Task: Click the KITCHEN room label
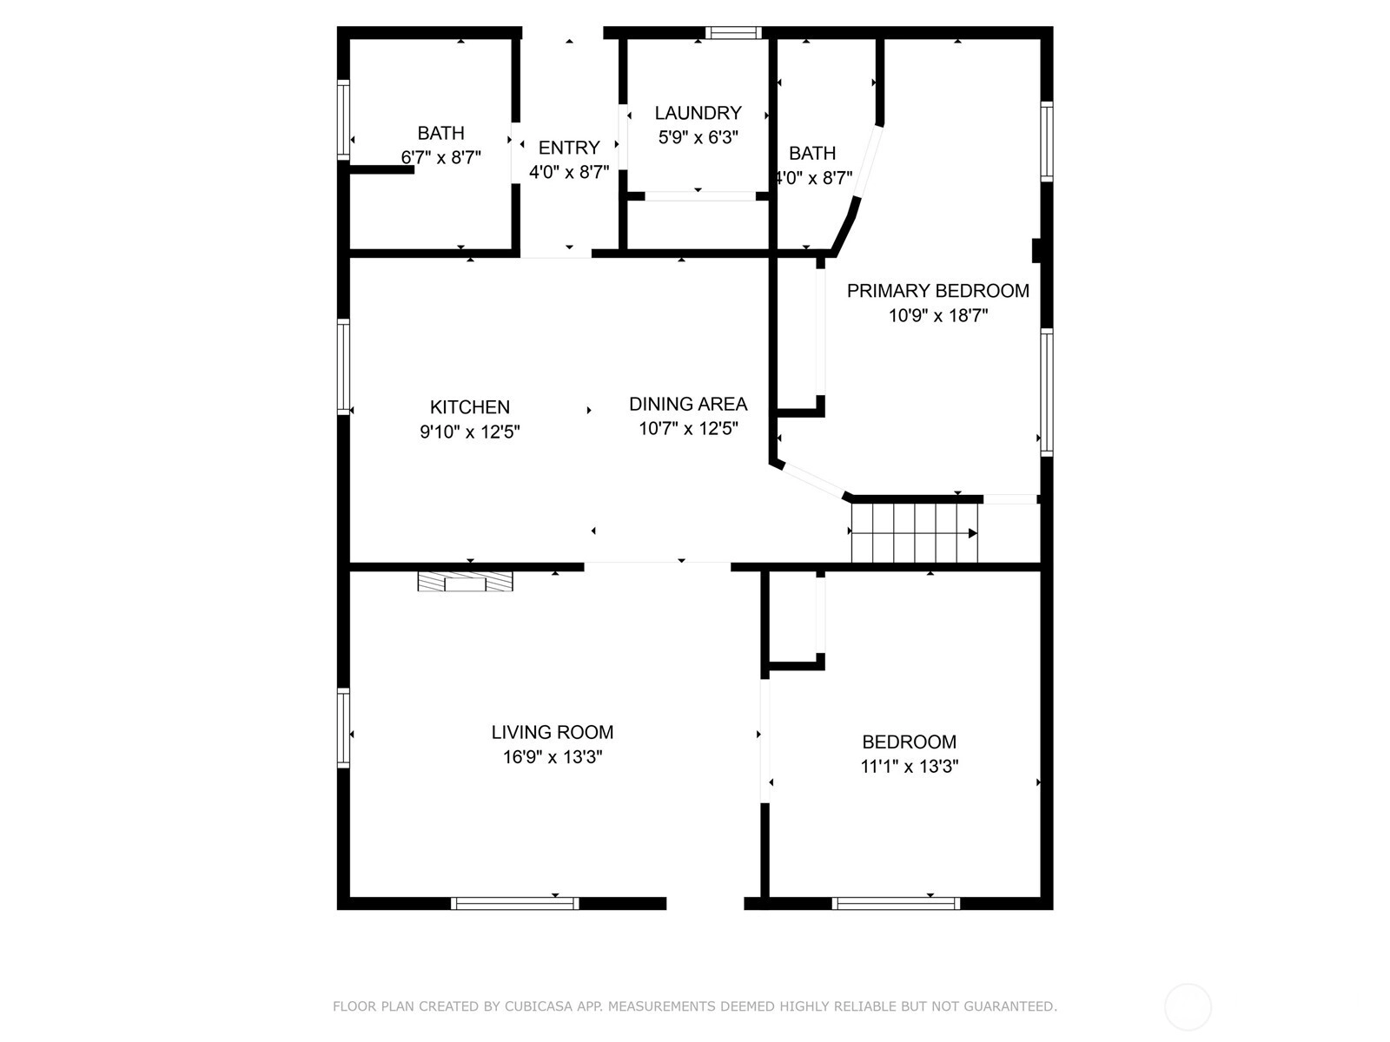click(469, 406)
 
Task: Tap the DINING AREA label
click(688, 404)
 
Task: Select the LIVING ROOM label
click(553, 732)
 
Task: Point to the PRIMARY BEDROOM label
click(938, 290)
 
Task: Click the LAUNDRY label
click(698, 113)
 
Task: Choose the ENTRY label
click(569, 148)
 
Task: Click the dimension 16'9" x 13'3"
click(553, 756)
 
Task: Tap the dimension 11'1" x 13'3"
click(910, 766)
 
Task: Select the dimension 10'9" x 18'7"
click(938, 315)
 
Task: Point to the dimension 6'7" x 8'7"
click(440, 157)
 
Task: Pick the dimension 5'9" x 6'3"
click(698, 137)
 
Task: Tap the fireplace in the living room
click(465, 582)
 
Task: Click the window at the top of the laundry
click(733, 33)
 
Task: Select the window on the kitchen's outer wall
click(343, 367)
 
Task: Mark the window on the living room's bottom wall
click(515, 903)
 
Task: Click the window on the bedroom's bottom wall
click(896, 903)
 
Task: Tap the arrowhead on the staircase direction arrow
click(973, 533)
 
